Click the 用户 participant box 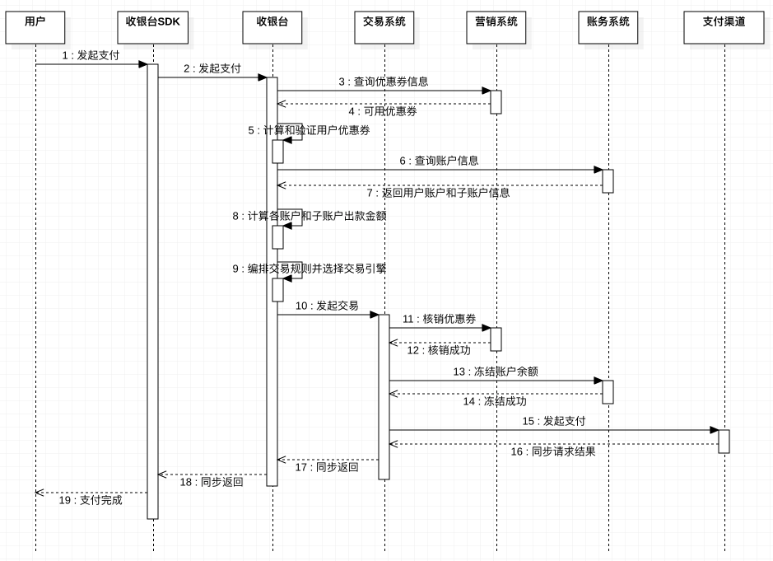[35, 26]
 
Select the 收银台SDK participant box [152, 26]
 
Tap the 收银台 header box [272, 26]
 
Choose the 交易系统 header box [384, 26]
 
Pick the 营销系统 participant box [496, 26]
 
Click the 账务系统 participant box [608, 26]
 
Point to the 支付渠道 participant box [724, 26]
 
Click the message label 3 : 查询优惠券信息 [383, 82]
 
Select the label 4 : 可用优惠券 [382, 111]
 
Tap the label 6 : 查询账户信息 [439, 161]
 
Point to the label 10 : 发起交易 [327, 306]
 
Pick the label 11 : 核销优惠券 [439, 319]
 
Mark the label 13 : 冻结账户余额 [495, 372]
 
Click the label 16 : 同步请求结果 [552, 451]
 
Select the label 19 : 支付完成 [90, 500]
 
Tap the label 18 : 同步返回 [212, 482]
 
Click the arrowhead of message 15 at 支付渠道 [715, 430]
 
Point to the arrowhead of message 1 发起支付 [142, 64]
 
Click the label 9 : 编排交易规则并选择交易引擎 [309, 269]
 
